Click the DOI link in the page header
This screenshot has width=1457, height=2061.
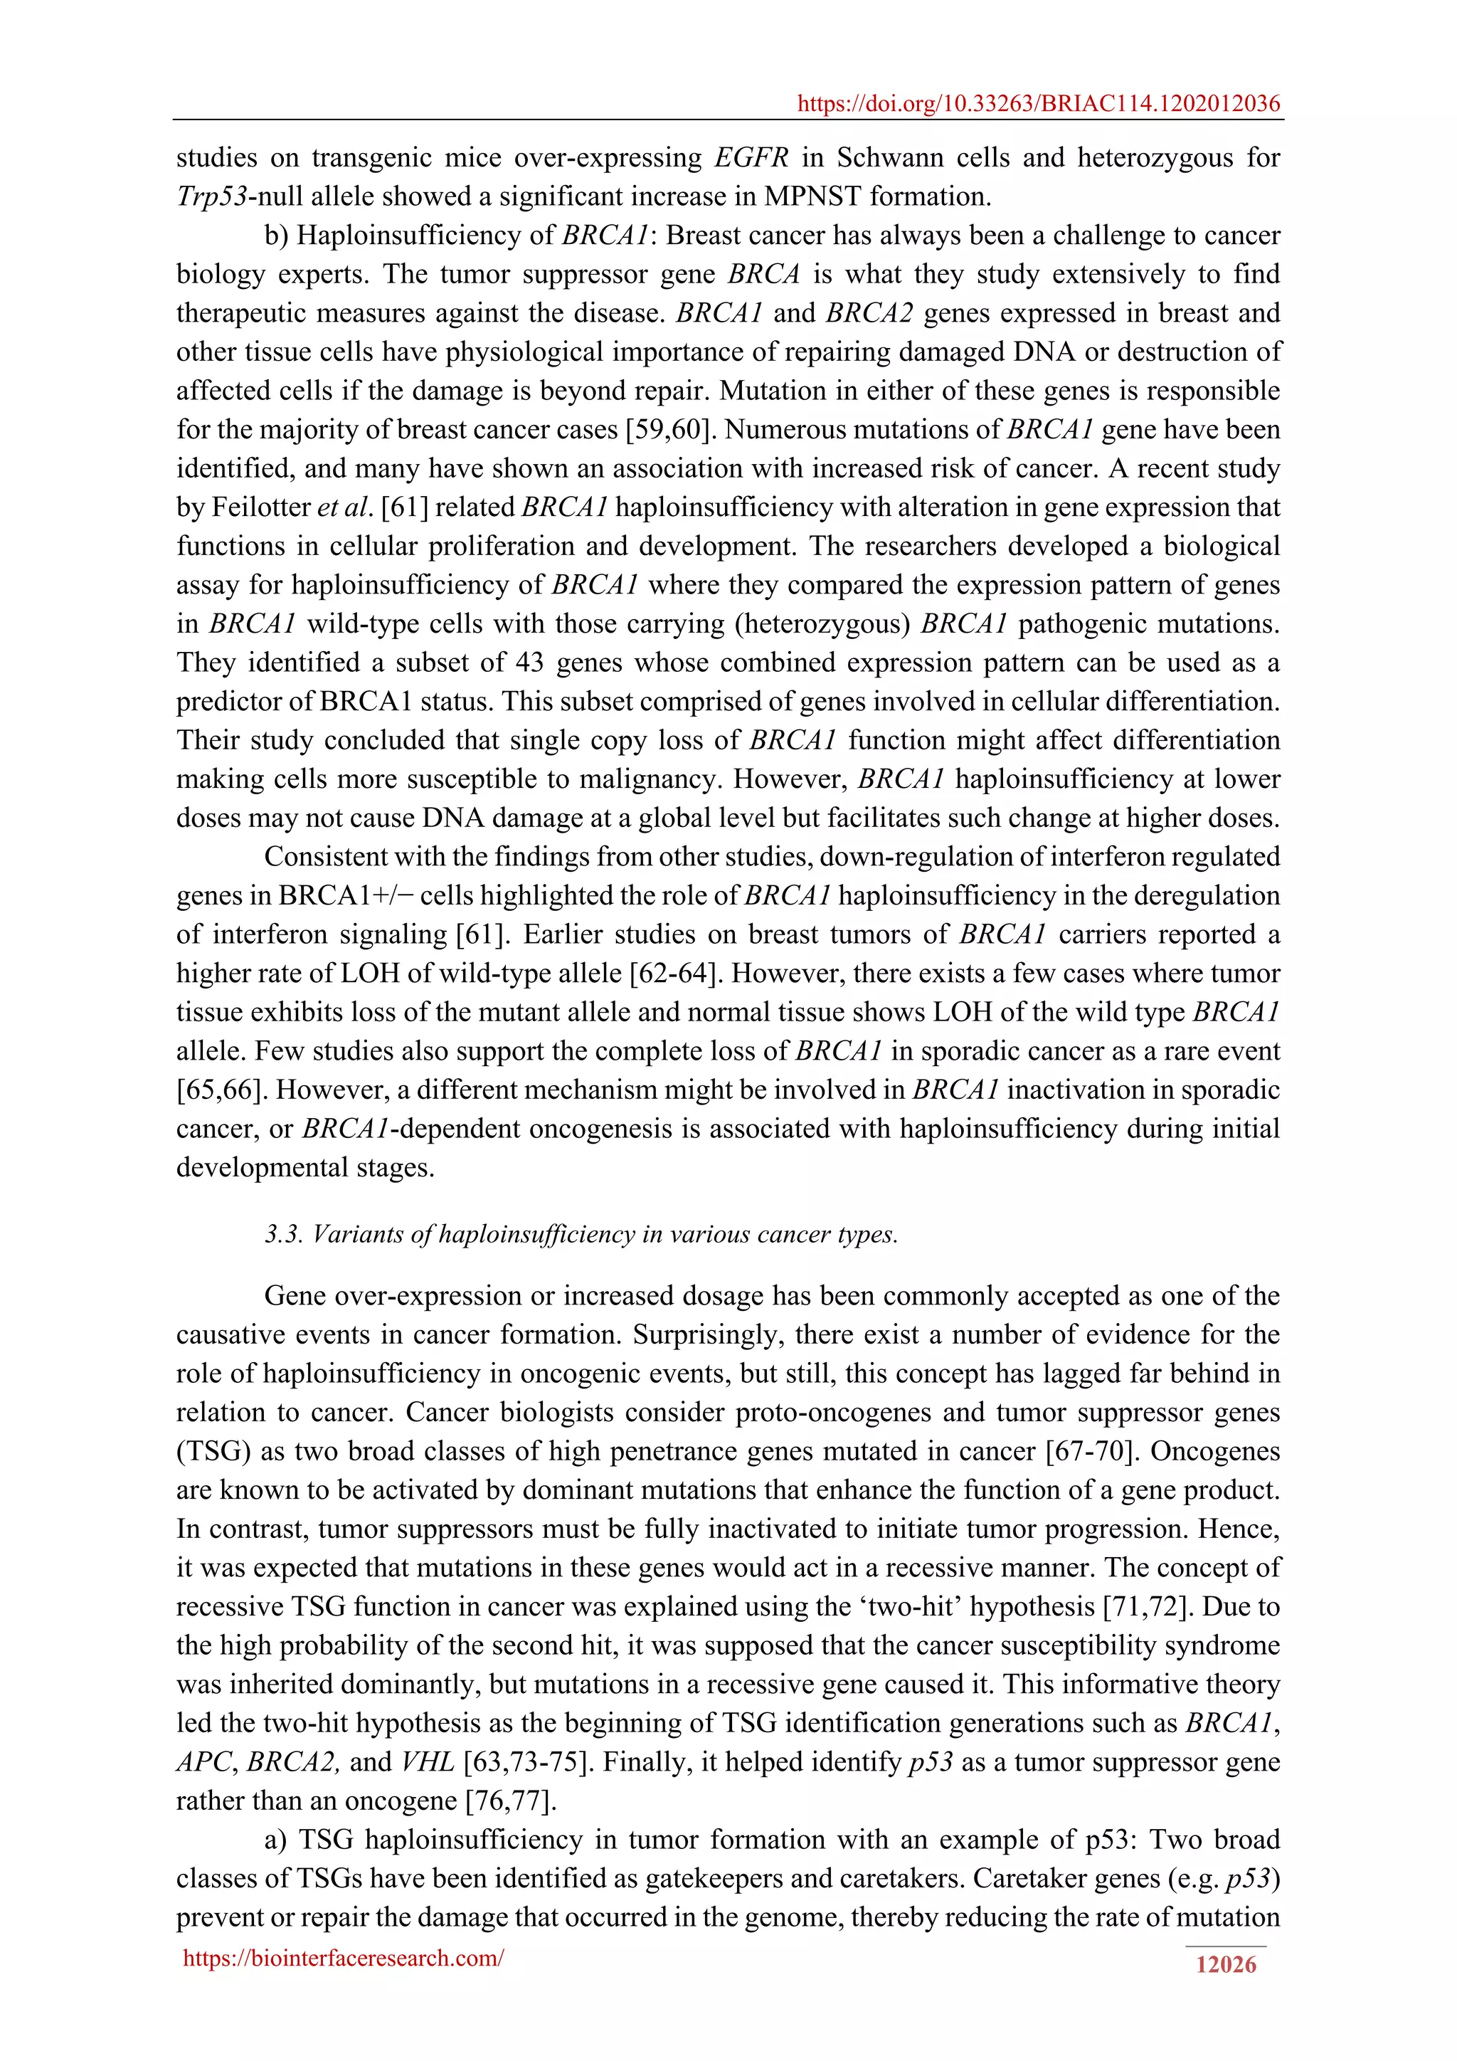(1038, 104)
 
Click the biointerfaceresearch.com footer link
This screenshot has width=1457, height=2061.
(343, 1958)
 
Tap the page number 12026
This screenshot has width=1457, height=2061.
(1226, 1965)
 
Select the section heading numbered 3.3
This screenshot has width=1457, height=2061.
(581, 1234)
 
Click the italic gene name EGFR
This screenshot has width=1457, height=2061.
(751, 158)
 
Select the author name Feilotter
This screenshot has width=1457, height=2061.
(261, 508)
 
